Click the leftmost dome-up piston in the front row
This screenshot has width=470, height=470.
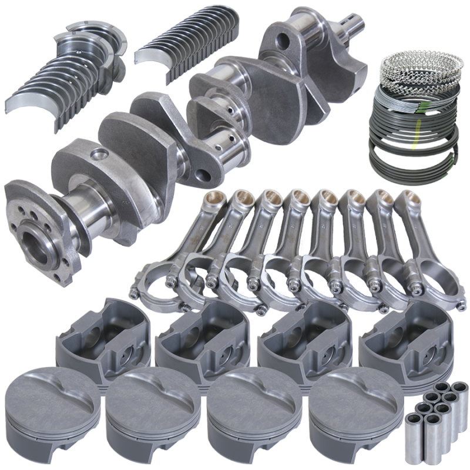[x=50, y=405]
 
